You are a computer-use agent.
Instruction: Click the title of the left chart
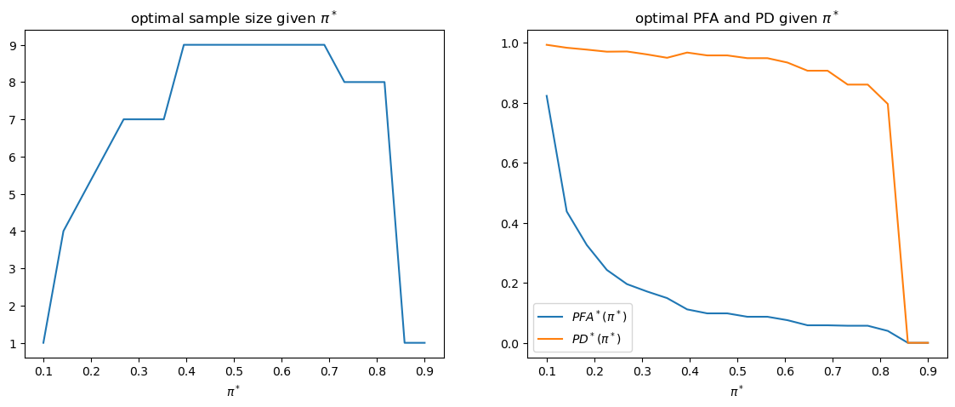[234, 19]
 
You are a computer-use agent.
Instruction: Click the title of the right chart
[737, 19]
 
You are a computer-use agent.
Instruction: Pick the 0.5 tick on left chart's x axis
[234, 371]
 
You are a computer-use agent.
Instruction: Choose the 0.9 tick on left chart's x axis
[425, 371]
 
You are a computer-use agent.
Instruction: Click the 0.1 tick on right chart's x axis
[547, 371]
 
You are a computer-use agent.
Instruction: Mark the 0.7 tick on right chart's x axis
[833, 371]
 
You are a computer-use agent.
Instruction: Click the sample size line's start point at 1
[43, 342]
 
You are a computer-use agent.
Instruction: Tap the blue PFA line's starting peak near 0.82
[547, 96]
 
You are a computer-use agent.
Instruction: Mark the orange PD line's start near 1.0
[547, 44]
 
